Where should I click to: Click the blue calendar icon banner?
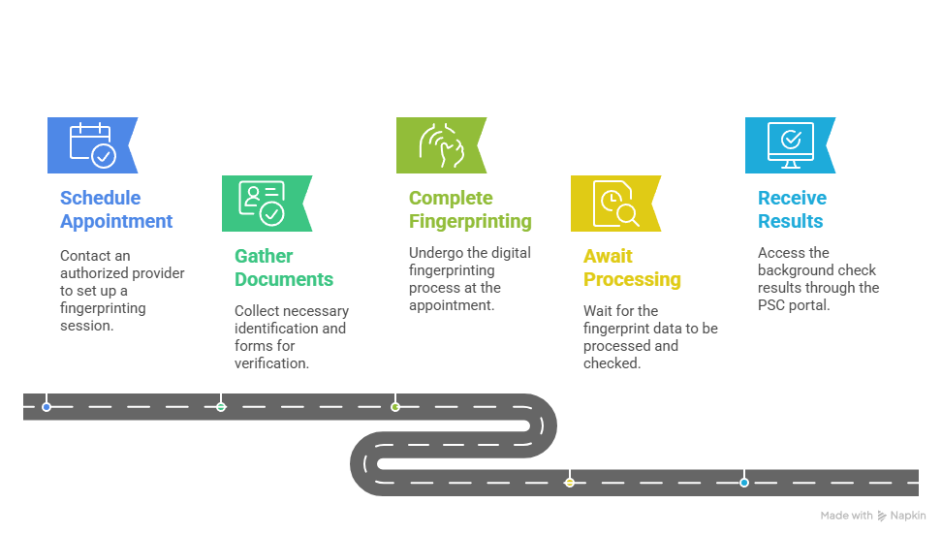[91, 145]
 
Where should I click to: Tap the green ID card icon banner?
[267, 204]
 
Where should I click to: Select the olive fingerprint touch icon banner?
[440, 145]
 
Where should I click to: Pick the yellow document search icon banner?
[615, 204]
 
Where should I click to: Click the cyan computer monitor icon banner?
[790, 145]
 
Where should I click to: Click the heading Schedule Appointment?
[116, 209]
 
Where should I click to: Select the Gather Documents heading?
[284, 268]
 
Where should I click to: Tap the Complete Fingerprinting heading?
[470, 209]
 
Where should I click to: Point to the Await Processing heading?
[632, 268]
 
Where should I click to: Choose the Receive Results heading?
[792, 209]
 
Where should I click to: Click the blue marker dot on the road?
[47, 407]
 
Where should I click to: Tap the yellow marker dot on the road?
[570, 482]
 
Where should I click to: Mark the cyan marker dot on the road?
[743, 482]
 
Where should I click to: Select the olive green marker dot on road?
[395, 407]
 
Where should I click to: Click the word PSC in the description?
[771, 305]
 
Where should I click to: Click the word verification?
[271, 363]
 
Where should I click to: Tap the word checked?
[612, 363]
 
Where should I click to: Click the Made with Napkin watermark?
[873, 516]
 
